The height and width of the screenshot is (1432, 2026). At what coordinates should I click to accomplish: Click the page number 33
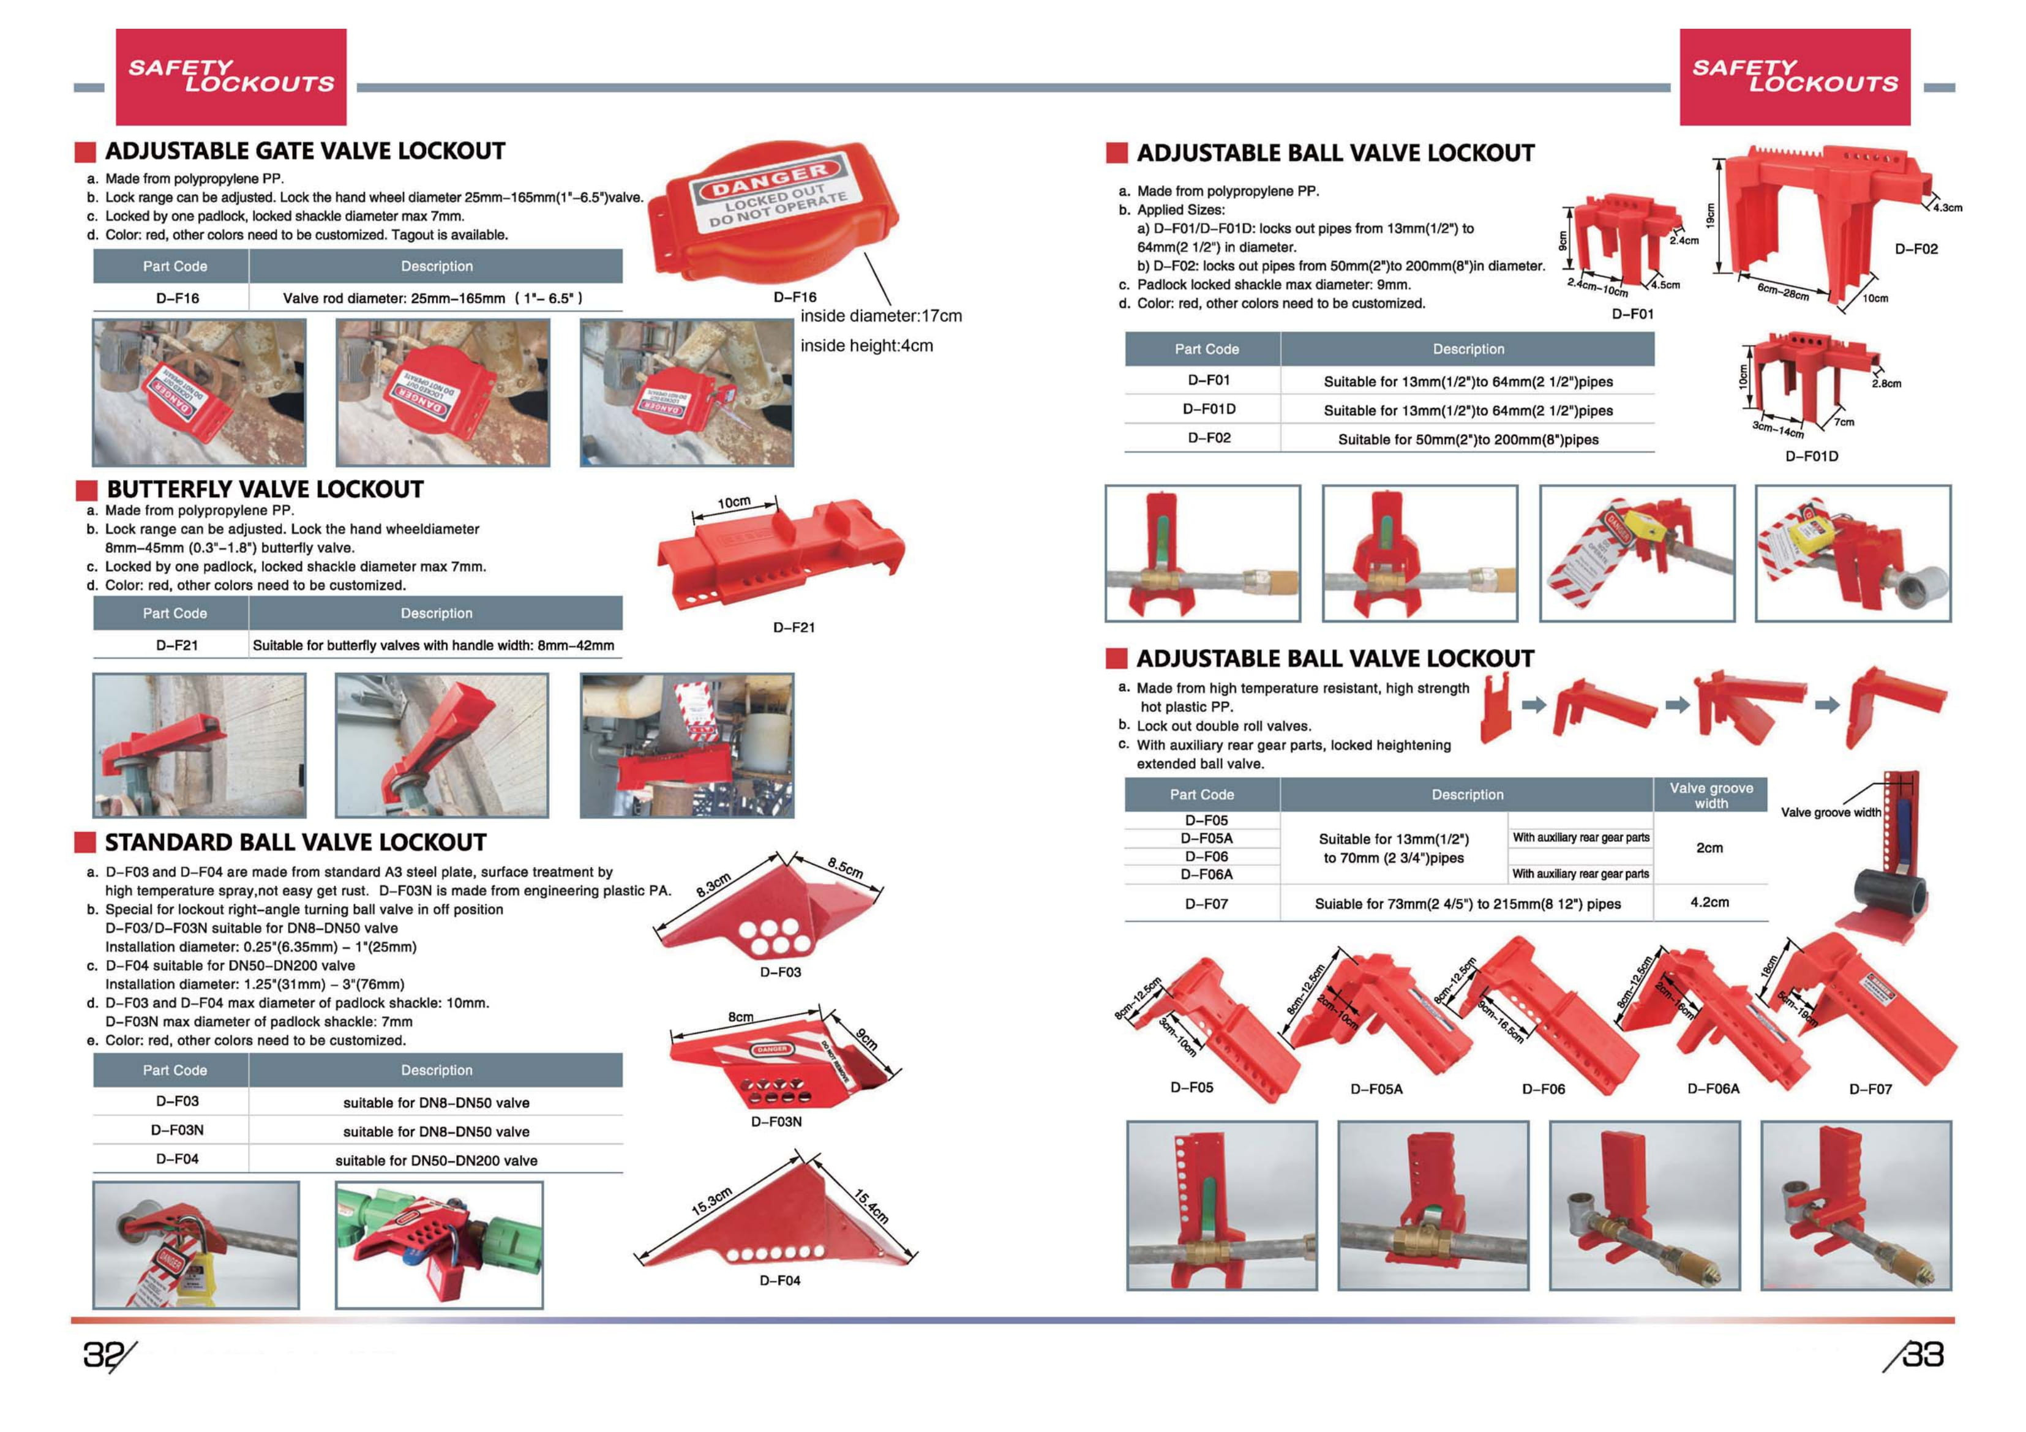1922,1354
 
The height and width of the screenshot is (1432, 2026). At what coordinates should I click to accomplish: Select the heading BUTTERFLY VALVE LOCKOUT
264,490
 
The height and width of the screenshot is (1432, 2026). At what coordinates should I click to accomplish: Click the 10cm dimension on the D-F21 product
733,503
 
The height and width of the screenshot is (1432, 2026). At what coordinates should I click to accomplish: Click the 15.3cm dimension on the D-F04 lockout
712,1202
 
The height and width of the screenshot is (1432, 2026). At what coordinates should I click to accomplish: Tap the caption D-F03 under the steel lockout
780,972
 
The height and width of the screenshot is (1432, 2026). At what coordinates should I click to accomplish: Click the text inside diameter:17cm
880,316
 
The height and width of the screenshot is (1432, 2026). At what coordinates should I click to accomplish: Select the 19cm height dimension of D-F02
1710,216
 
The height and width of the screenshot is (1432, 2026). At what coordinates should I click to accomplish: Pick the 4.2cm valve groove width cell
1709,902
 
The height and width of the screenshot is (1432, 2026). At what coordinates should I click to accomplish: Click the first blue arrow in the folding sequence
1534,704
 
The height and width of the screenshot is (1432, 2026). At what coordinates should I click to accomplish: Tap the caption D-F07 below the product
1870,1089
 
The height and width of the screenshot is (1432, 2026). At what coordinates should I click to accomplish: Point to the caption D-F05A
1376,1089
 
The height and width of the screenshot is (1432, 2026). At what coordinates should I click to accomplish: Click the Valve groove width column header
1710,795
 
